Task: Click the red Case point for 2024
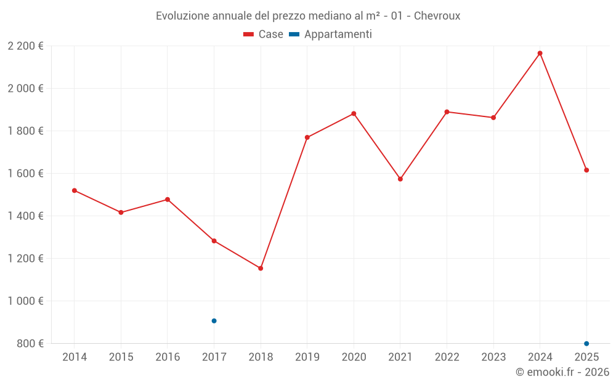540,53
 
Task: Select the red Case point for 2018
261,268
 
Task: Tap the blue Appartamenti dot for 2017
214,321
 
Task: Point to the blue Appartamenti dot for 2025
586,343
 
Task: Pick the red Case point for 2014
75,190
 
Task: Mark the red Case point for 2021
400,179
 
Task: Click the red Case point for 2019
307,137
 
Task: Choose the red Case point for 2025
586,170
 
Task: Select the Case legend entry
264,34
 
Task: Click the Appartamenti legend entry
331,34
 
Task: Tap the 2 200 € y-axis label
25,46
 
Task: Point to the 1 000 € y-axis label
25,301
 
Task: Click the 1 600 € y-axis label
25,173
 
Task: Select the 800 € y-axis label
29,343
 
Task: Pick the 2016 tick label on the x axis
168,357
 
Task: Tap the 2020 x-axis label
354,357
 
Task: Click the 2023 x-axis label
493,357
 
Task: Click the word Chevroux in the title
437,16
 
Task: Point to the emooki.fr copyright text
562,371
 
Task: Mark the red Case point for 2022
447,111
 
